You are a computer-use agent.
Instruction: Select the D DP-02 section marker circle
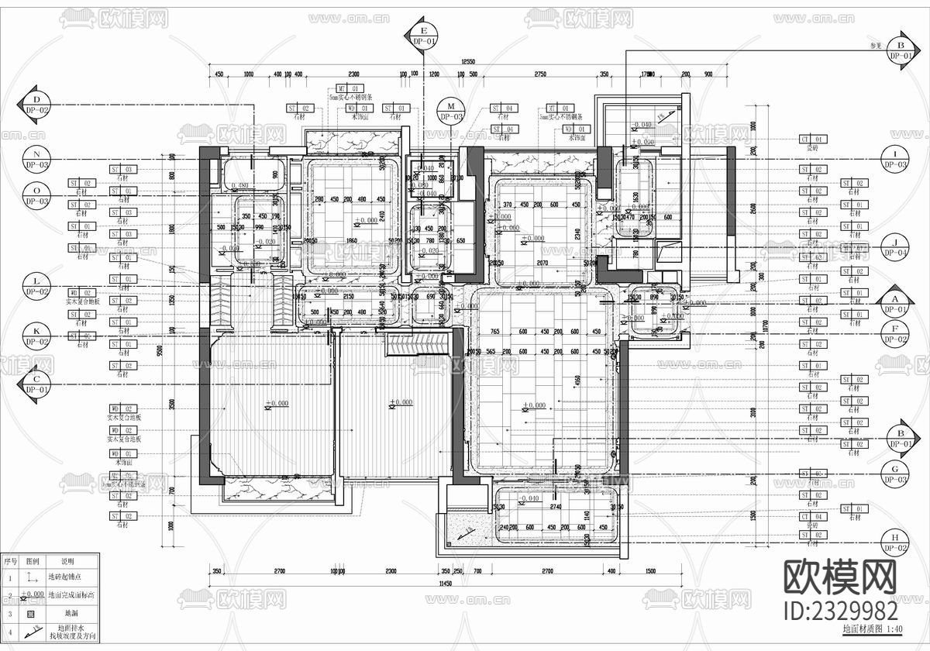[x=36, y=105]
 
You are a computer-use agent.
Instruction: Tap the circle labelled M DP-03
[x=450, y=111]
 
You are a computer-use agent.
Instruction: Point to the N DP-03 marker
[x=36, y=159]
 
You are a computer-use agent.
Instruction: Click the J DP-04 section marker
[x=897, y=246]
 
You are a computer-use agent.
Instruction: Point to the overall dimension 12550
[x=468, y=61]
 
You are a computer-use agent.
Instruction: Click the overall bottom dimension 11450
[x=445, y=583]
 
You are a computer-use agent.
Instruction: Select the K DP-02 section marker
[x=36, y=335]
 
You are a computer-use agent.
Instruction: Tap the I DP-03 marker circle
[x=897, y=159]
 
